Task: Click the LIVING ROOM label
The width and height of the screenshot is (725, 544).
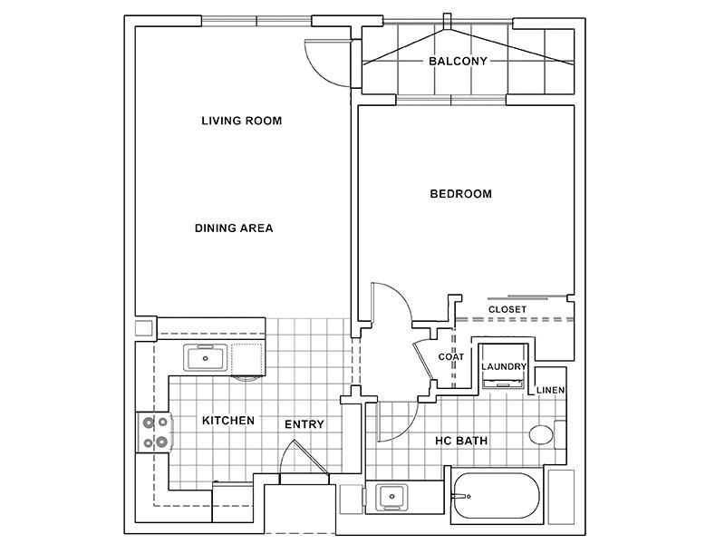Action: [241, 121]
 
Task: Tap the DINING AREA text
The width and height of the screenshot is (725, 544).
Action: [234, 228]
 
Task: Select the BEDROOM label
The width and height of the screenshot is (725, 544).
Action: [461, 194]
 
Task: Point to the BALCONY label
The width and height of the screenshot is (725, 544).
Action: [458, 61]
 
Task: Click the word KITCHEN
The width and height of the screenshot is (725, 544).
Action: [228, 421]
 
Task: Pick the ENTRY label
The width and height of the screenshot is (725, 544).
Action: [304, 424]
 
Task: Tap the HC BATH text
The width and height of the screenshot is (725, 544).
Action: [461, 441]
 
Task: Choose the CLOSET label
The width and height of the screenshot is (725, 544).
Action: [507, 309]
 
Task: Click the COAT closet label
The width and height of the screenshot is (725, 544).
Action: [450, 357]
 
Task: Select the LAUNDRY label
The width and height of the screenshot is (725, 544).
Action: [504, 367]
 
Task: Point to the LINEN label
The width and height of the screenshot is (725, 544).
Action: [550, 391]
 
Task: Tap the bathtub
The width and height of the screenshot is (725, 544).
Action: [496, 496]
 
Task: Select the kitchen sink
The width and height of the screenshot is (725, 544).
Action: [206, 357]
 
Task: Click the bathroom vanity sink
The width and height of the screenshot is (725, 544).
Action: [391, 496]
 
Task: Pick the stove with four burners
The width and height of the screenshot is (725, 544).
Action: [154, 432]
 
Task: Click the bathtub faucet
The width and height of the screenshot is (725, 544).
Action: [461, 496]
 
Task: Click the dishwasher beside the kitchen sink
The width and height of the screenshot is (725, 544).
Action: [248, 360]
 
